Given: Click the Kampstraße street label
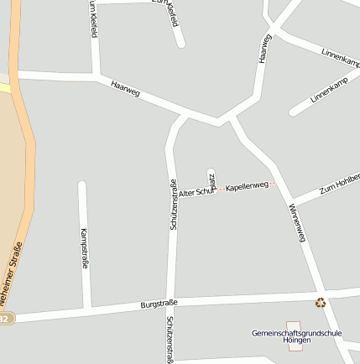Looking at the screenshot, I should pos(84,247).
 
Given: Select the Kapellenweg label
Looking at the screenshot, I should pos(247,185).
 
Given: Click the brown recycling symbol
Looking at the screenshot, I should pos(320,303).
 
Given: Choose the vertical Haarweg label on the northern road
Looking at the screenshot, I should pos(265,48).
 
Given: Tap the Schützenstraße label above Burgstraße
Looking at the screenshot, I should pos(173,205).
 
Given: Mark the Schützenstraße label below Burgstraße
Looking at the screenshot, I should pos(170,340).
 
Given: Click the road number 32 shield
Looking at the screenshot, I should pos(5,319).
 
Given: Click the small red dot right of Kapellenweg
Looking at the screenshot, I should pos(272,183).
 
